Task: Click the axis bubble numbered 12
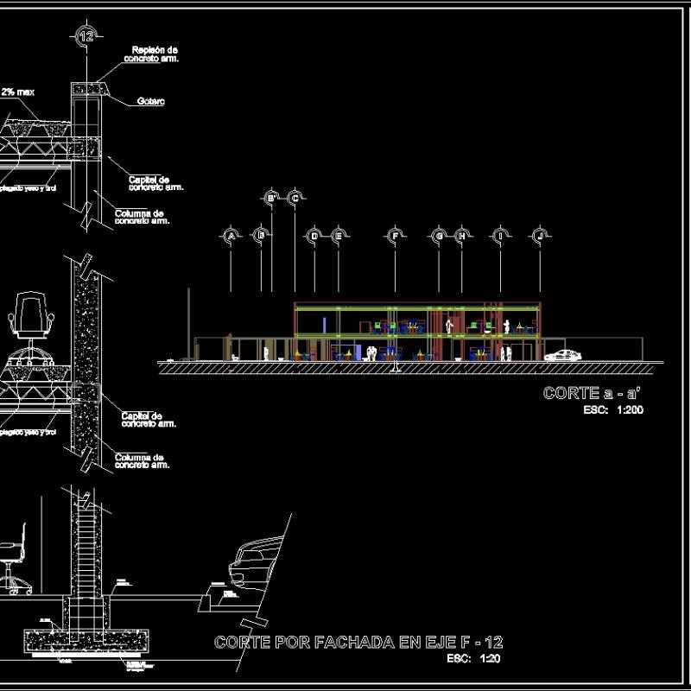click(86, 35)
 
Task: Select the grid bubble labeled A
click(231, 235)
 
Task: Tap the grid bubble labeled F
click(395, 235)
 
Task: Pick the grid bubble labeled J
click(541, 235)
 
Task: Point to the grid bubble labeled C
click(295, 199)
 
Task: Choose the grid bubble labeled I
click(500, 235)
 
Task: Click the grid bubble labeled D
click(314, 235)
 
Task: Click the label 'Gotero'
click(151, 102)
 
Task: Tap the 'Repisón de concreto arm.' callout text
click(155, 54)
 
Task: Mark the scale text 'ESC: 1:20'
click(474, 659)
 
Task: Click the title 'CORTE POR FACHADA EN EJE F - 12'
click(358, 643)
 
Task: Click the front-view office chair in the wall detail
click(31, 320)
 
